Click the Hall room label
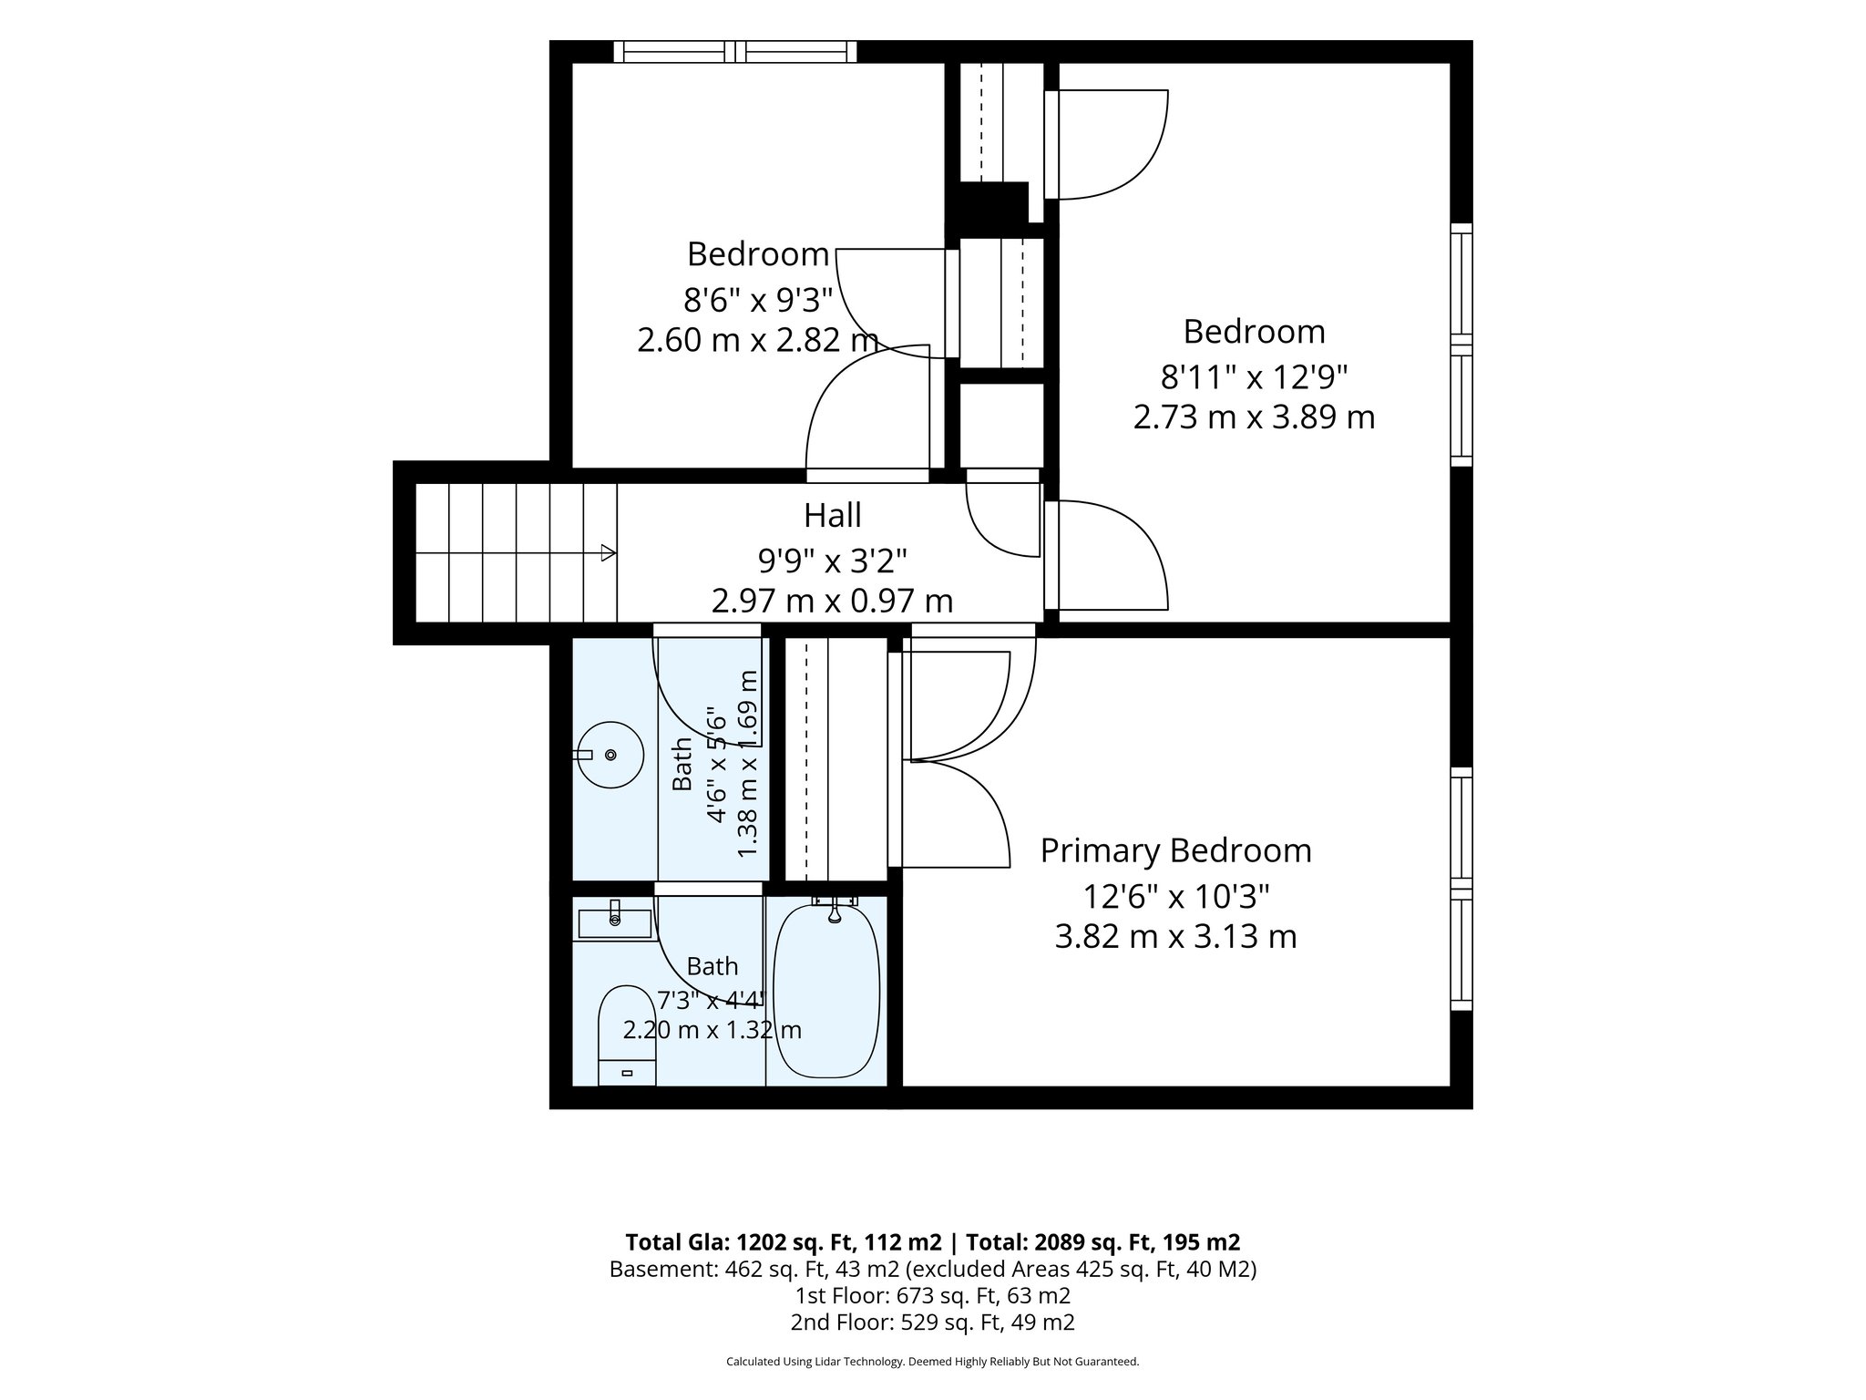point(832,516)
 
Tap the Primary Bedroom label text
point(1175,850)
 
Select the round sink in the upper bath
point(610,755)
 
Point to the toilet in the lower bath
point(626,1035)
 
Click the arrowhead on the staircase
point(608,553)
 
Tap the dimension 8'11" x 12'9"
point(1254,375)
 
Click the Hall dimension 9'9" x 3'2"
point(832,560)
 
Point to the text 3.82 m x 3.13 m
point(1175,937)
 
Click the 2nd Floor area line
point(933,1323)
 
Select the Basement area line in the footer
point(933,1270)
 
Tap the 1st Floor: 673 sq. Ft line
point(933,1296)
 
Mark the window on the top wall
point(734,52)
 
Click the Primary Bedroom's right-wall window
point(1461,889)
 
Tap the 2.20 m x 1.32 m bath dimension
point(713,1031)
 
